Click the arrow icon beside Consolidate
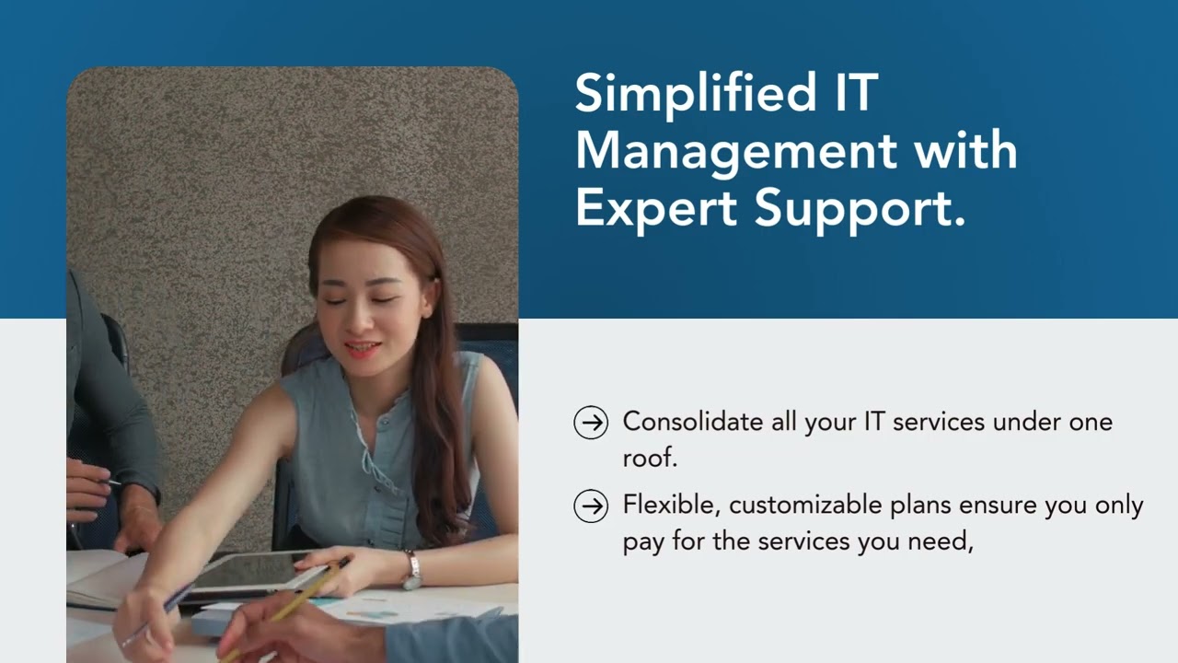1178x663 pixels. pyautogui.click(x=591, y=423)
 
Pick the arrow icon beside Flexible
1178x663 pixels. pyautogui.click(x=591, y=506)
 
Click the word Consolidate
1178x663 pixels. pyautogui.click(x=693, y=422)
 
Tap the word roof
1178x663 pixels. pyautogui.click(x=649, y=458)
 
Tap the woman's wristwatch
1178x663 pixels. pyautogui.click(x=412, y=571)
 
